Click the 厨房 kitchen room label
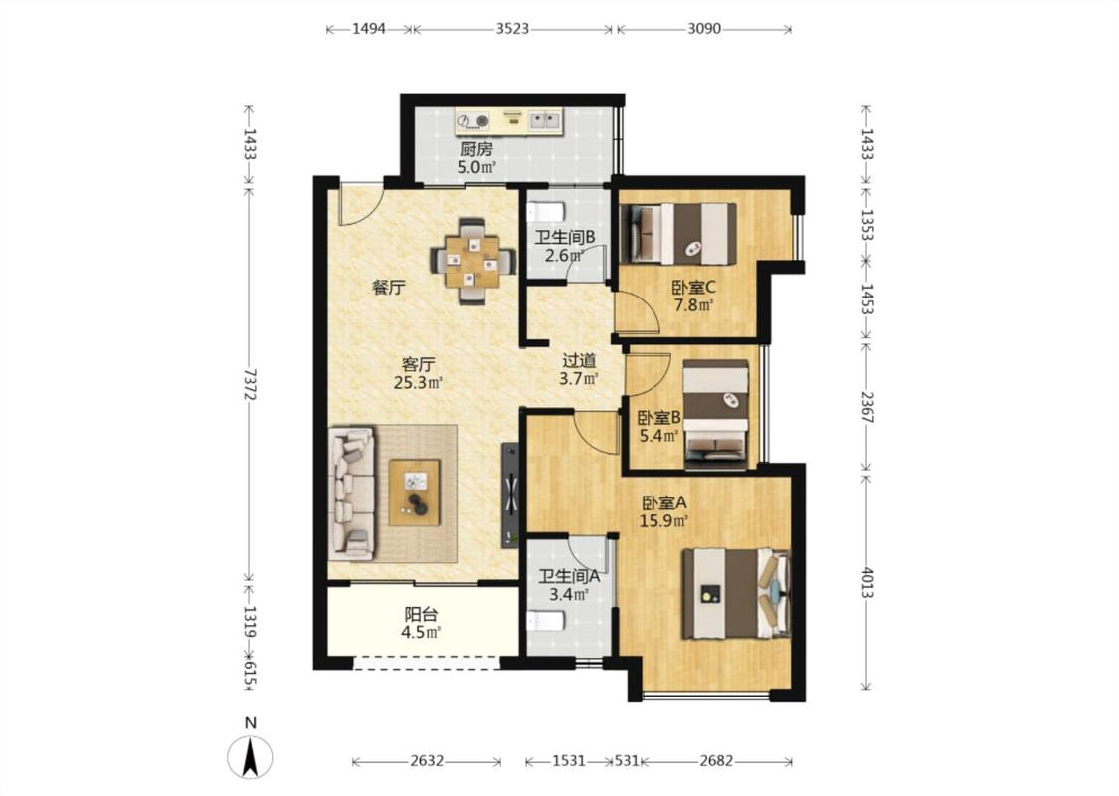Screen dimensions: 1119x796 click(x=476, y=149)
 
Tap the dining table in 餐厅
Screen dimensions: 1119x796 click(x=472, y=262)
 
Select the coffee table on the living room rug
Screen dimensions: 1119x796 click(x=414, y=493)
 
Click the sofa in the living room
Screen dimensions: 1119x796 click(x=352, y=493)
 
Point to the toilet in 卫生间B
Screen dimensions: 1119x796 click(x=546, y=211)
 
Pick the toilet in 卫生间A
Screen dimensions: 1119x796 click(x=545, y=621)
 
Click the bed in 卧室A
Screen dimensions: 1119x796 click(x=736, y=593)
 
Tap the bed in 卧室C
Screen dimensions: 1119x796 click(x=678, y=234)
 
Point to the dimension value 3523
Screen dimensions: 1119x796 click(x=512, y=29)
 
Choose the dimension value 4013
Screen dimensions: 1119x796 click(x=867, y=582)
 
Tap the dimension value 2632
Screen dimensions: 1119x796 click(x=427, y=761)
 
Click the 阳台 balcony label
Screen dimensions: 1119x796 click(x=421, y=614)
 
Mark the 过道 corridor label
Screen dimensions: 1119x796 click(x=579, y=361)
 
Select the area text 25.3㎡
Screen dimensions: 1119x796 click(x=419, y=383)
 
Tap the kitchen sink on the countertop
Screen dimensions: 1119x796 click(x=545, y=120)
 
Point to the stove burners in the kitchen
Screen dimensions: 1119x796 click(x=474, y=121)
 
